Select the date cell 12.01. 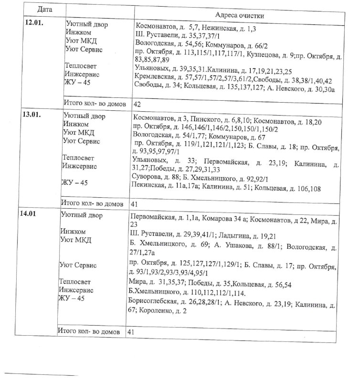click(x=34, y=22)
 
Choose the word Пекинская click(x=148, y=188)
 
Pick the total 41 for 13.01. click(x=135, y=203)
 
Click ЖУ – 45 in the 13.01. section click(x=73, y=182)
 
